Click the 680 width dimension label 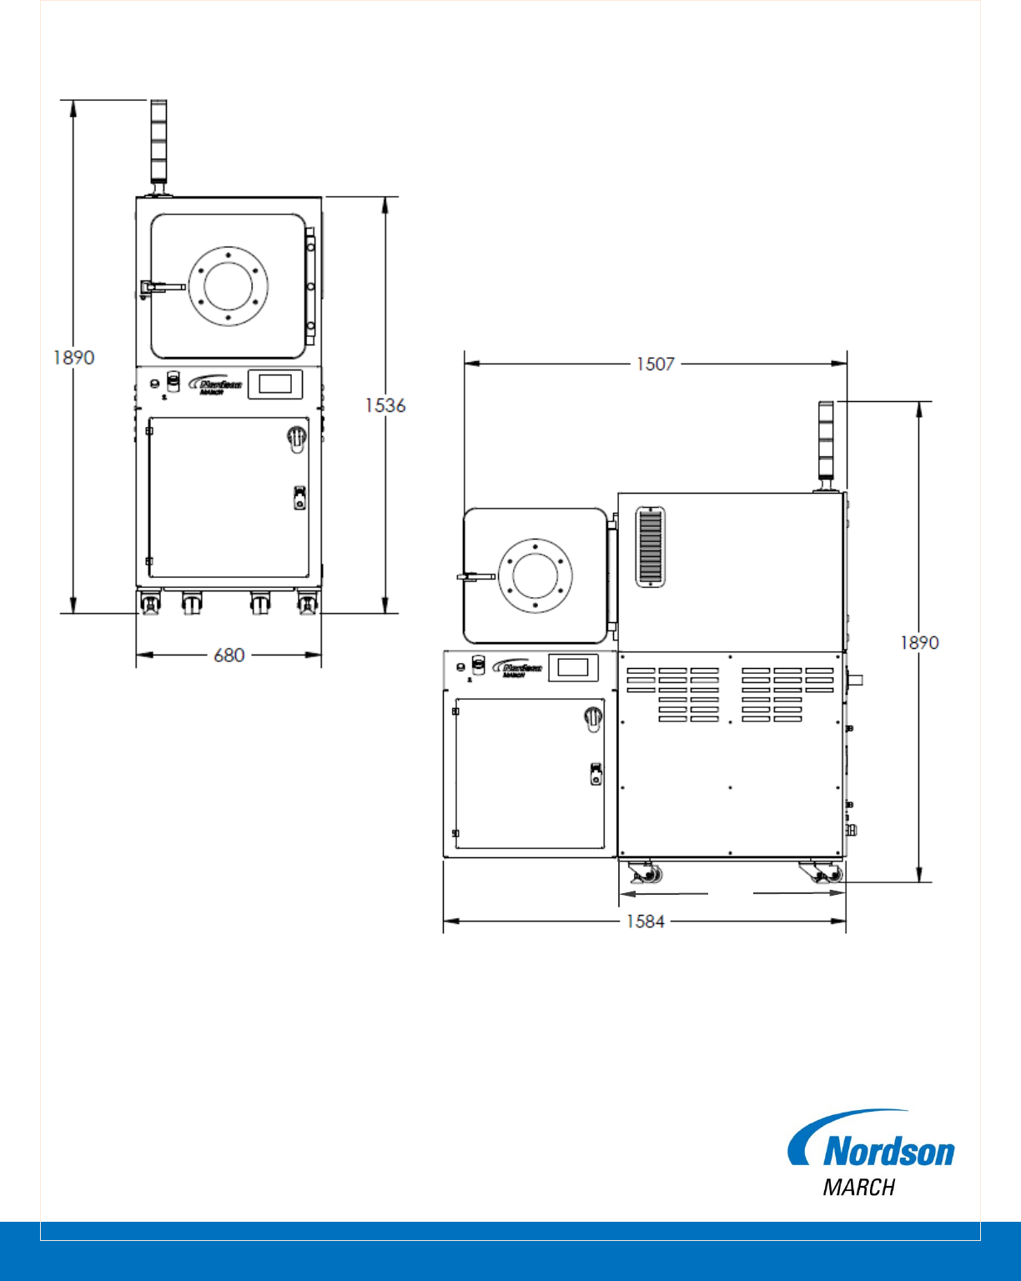tap(229, 656)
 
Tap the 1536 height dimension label tap(385, 405)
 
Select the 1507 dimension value tap(656, 364)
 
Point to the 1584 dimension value tap(646, 922)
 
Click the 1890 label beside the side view tap(919, 643)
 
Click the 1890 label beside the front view tap(73, 358)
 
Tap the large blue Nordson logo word tap(889, 1151)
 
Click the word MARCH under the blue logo tap(859, 1188)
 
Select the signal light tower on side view tap(826, 446)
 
